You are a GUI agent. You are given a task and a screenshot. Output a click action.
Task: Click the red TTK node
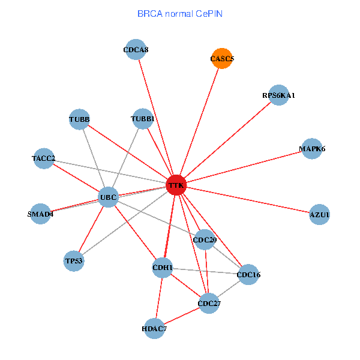tap(176, 185)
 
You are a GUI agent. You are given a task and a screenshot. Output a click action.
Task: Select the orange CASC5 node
tap(222, 58)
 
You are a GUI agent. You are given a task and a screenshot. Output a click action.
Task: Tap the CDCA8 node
tap(136, 49)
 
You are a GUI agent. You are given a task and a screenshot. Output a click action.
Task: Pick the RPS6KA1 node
tap(278, 95)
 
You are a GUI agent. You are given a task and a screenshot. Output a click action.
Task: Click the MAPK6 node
tap(311, 149)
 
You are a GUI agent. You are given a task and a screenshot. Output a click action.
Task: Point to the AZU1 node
tap(319, 214)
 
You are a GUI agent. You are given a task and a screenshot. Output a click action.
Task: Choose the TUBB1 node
tap(143, 119)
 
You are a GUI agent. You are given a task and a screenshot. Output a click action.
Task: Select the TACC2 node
tap(44, 158)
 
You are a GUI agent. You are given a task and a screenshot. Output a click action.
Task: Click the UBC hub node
tap(108, 197)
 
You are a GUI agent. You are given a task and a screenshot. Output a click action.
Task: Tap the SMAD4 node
tap(40, 214)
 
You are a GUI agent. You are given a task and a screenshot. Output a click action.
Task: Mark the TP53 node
tap(74, 261)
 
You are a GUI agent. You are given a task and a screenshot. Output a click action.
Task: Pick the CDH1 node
tap(163, 268)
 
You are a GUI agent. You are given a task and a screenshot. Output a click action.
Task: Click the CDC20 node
tap(205, 239)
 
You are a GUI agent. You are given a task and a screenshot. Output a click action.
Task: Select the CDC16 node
tap(248, 274)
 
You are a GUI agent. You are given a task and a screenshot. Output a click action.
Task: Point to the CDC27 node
tap(209, 303)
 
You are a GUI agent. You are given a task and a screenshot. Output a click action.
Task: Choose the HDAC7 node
tap(154, 329)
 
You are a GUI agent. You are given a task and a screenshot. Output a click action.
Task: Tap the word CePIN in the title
tap(209, 14)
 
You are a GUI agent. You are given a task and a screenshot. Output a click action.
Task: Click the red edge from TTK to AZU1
tap(248, 200)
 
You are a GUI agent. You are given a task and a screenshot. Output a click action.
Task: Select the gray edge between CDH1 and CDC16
tap(205, 271)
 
